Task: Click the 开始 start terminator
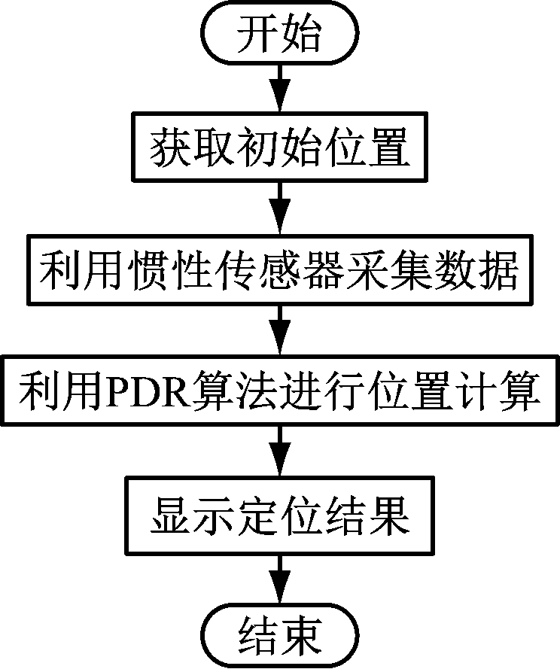click(x=279, y=34)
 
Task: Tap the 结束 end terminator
click(x=279, y=635)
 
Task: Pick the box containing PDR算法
click(x=279, y=392)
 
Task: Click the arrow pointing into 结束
click(x=279, y=578)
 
